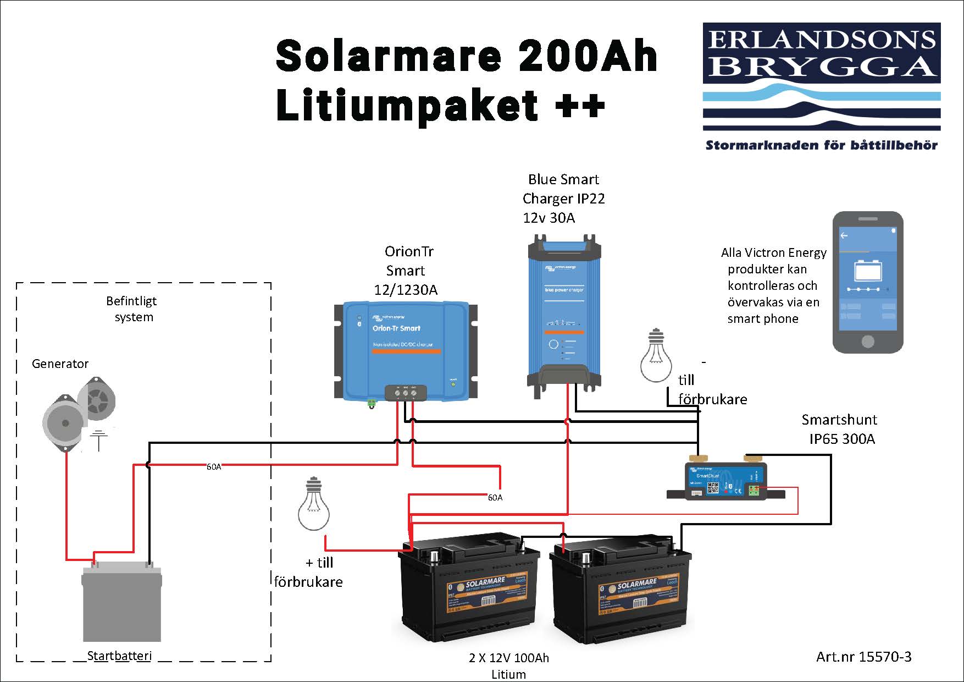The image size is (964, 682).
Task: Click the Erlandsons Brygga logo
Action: (x=822, y=77)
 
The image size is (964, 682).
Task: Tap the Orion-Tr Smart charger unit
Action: (x=406, y=350)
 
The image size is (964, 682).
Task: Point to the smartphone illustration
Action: (x=867, y=282)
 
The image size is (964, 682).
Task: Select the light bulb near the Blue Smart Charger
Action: (x=656, y=356)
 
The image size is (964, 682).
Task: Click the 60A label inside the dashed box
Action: (x=214, y=467)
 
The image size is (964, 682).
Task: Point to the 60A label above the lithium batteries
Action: (x=495, y=498)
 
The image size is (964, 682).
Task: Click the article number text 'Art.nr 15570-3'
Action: (x=863, y=656)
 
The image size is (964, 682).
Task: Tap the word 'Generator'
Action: (x=60, y=364)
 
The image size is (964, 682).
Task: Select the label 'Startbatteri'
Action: (x=119, y=656)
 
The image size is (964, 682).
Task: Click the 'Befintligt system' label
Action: (x=132, y=309)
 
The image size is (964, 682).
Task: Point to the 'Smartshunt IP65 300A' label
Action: (x=840, y=429)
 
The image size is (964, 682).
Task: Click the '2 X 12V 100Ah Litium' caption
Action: (x=508, y=665)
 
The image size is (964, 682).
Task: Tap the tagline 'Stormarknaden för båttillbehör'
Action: (x=821, y=146)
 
